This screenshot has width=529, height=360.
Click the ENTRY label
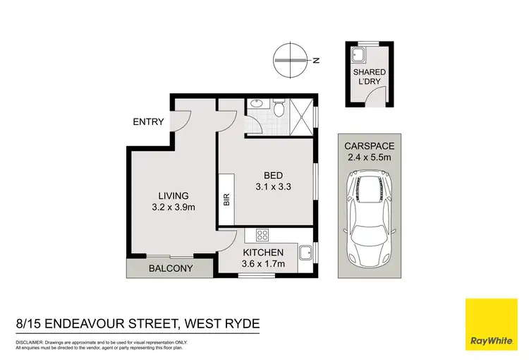point(148,122)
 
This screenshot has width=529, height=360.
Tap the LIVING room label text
point(173,196)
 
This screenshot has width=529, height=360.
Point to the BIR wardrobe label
point(227,200)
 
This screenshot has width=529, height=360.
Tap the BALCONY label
point(169,269)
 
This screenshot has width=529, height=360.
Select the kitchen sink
point(306,252)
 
